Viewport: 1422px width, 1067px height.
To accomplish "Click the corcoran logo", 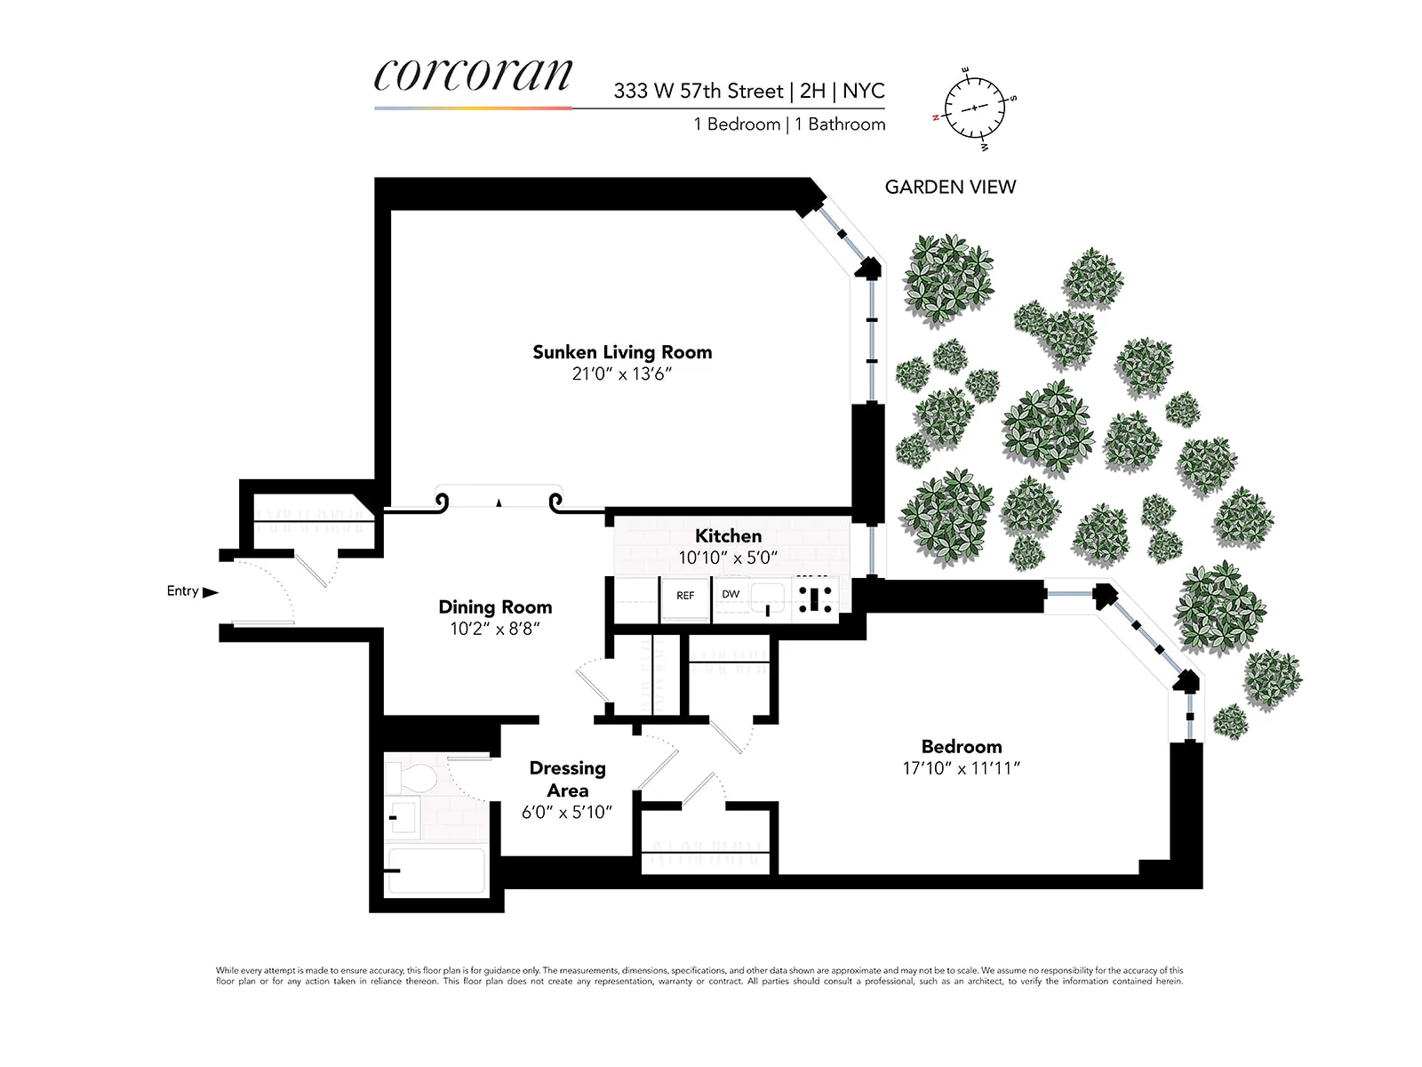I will tap(473, 76).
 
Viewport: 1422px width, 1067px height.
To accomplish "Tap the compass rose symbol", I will tap(975, 107).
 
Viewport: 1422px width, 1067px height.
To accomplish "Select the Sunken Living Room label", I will tap(622, 352).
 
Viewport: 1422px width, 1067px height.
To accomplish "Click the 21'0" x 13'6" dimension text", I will tap(622, 374).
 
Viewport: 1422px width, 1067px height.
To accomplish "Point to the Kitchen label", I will tap(728, 536).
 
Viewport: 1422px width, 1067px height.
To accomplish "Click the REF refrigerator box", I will tap(685, 597).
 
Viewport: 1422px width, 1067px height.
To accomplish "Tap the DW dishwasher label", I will tap(731, 594).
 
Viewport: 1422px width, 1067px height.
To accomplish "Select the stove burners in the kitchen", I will tap(815, 596).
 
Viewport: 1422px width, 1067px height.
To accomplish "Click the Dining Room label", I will tap(495, 607).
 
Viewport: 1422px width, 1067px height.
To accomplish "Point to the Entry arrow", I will tap(211, 592).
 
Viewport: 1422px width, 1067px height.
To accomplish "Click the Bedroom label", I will tap(961, 747).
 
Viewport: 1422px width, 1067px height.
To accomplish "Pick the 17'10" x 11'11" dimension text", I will tap(961, 768).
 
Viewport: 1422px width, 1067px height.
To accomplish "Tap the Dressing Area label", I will tap(567, 779).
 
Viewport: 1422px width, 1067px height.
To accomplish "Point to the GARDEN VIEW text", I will tap(950, 187).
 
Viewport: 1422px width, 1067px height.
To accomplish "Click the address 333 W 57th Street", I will tap(699, 91).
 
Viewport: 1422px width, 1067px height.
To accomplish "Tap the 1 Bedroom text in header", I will tap(737, 124).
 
